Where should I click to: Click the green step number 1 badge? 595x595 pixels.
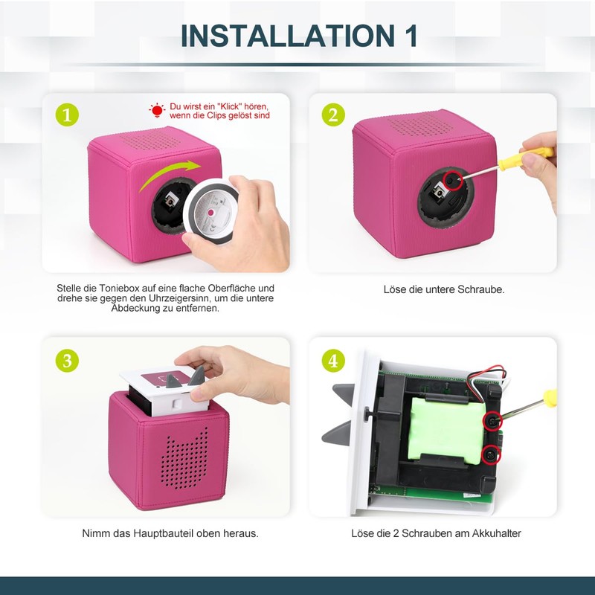coord(67,115)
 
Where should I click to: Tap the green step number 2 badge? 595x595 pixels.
coord(332,115)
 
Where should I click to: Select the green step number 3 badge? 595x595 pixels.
coord(67,361)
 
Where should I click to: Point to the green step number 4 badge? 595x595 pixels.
coord(332,361)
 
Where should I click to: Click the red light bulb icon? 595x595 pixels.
coord(157,111)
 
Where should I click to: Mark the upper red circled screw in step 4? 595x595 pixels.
coord(492,421)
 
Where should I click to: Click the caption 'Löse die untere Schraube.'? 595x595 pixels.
coord(443,289)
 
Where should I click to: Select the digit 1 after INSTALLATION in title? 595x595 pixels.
coord(408,35)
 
